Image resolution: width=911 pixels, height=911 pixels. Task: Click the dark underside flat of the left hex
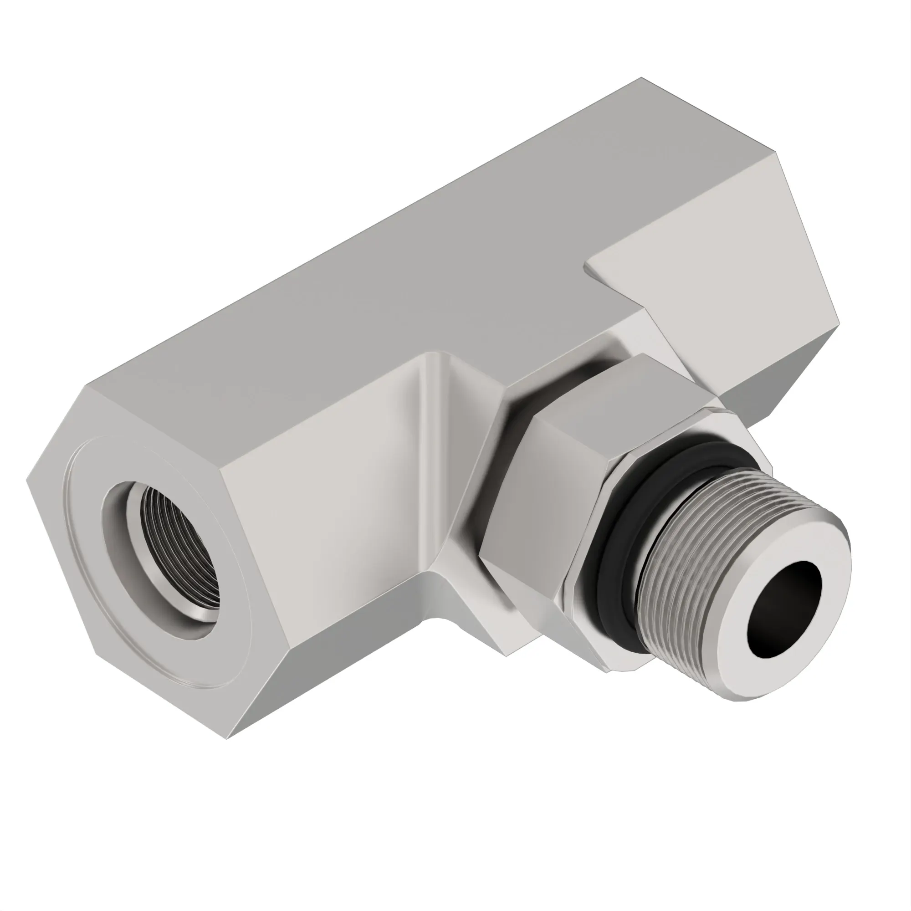tap(330, 670)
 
